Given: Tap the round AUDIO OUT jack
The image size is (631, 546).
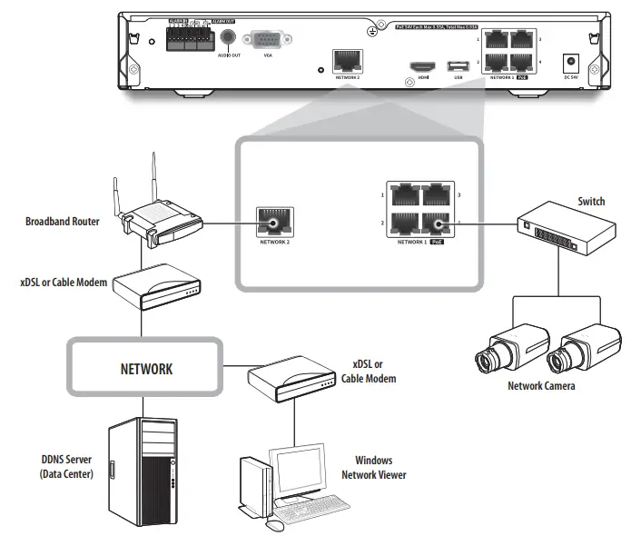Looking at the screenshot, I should pos(229,38).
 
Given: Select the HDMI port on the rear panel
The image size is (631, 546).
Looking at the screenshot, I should pos(421,67).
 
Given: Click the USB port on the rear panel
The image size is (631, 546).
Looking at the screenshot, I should pos(458,66).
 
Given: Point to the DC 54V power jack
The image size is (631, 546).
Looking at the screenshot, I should pos(572,64).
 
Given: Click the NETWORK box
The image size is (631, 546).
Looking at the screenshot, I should pos(146,370).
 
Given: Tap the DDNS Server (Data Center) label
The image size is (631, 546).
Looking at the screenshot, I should pos(66,467).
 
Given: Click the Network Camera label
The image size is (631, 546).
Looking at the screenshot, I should pos(541,385).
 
